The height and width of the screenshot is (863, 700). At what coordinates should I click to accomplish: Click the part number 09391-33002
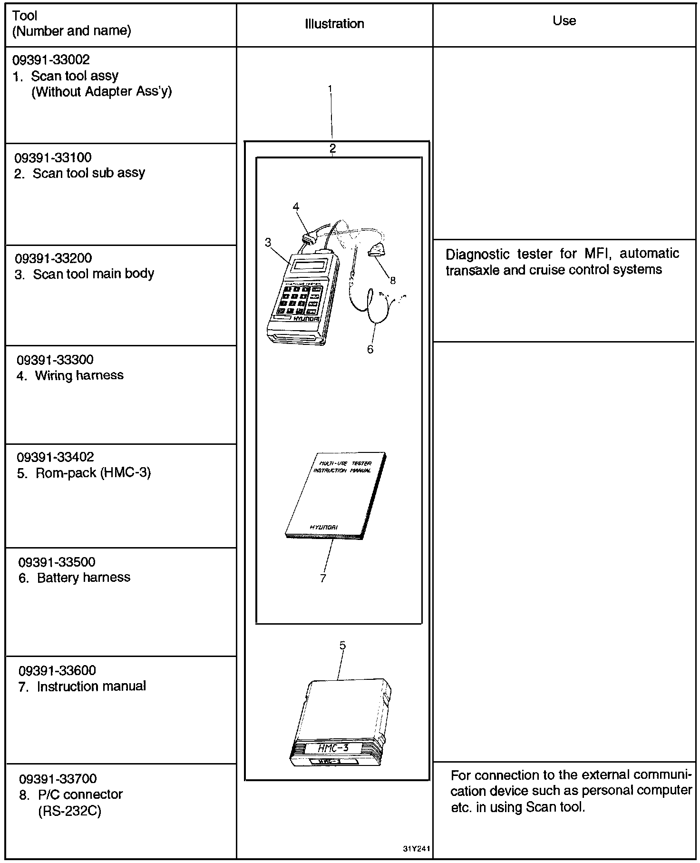tap(51, 59)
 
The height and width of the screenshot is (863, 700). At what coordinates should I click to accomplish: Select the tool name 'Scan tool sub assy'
tap(88, 173)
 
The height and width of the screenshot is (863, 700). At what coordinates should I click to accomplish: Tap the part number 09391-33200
tap(53, 258)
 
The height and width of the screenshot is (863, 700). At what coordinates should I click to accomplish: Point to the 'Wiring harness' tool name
tap(79, 375)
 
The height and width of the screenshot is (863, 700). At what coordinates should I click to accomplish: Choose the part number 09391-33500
tap(57, 562)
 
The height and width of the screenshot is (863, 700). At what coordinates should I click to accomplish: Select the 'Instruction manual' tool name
tap(91, 686)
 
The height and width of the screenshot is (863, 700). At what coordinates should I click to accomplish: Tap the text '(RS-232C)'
tap(69, 811)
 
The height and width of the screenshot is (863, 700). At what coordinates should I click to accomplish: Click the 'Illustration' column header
tap(334, 24)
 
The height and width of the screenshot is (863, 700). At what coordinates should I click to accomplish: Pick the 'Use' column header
tap(564, 21)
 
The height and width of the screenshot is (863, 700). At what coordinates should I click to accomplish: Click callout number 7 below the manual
tap(323, 578)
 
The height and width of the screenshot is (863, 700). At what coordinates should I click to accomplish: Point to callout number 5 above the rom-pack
tap(342, 646)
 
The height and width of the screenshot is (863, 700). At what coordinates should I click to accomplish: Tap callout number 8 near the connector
tap(392, 281)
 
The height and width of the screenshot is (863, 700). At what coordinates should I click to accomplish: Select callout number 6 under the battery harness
tap(370, 349)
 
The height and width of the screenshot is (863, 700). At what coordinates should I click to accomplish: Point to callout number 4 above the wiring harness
tap(296, 206)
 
